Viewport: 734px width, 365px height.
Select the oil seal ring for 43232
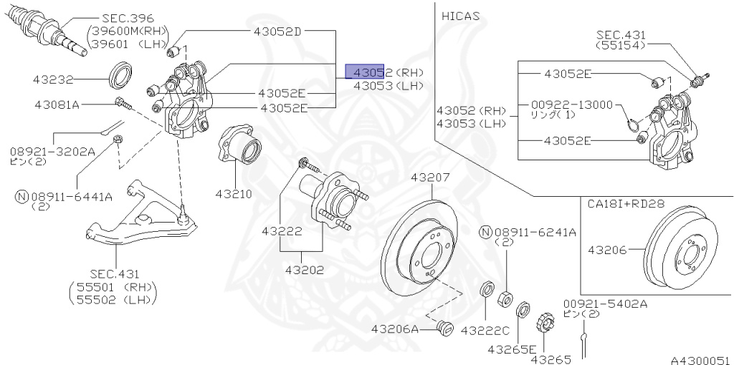click(120, 74)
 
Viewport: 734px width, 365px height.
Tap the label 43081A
click(57, 104)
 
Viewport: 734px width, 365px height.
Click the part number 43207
click(430, 177)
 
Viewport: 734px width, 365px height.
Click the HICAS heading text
click(461, 15)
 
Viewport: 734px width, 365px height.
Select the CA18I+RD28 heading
click(626, 203)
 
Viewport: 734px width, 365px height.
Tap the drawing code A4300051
click(700, 360)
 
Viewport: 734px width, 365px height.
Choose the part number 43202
click(304, 271)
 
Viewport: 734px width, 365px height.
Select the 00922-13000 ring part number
click(572, 104)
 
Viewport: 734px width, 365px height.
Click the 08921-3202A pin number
click(52, 151)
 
